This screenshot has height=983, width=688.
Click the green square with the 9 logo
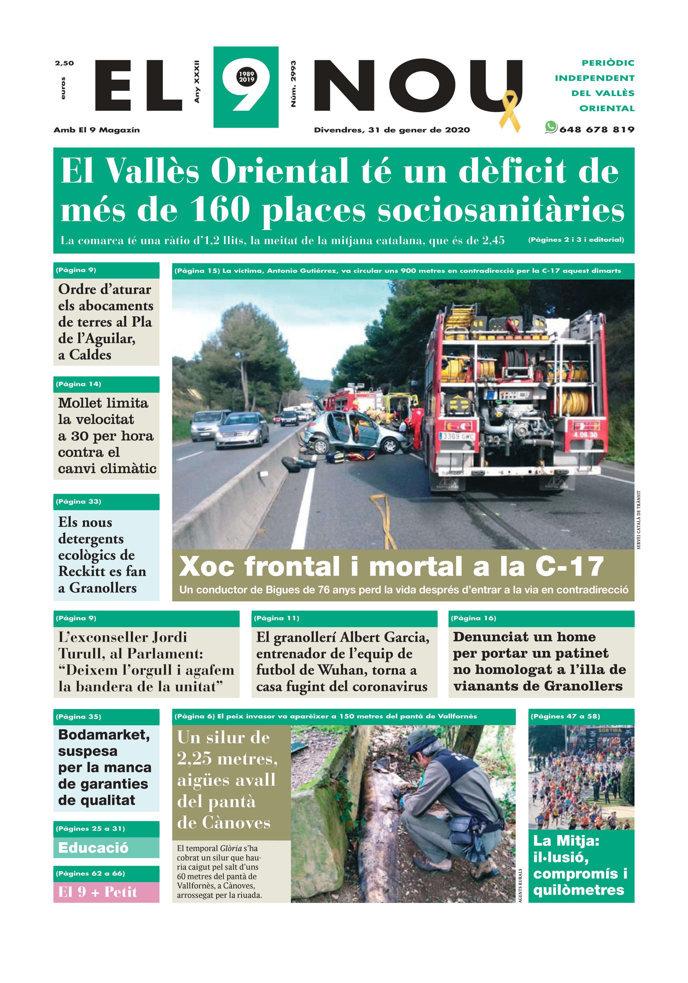pyautogui.click(x=246, y=87)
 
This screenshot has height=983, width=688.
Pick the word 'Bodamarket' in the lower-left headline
pyautogui.click(x=104, y=735)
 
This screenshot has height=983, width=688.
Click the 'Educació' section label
pyautogui.click(x=93, y=848)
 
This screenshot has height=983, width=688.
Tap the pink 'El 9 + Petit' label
pyautogui.click(x=98, y=892)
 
